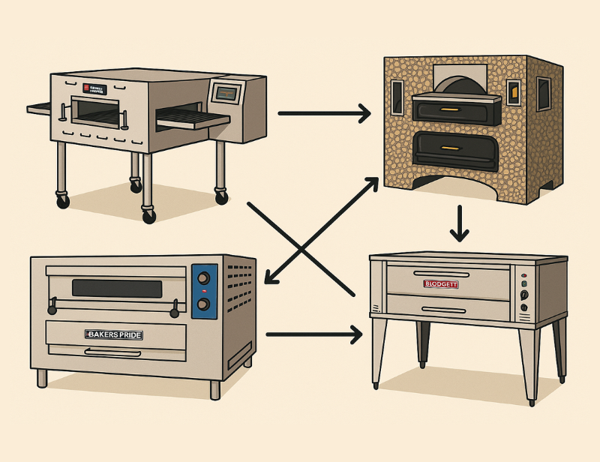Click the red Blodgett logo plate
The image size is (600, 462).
point(441,284)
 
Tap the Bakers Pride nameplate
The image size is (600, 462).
point(113,334)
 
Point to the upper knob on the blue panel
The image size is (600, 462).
point(202,278)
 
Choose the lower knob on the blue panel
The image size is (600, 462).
point(202,304)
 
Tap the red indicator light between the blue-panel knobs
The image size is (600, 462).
point(202,291)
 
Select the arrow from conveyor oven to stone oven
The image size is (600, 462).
point(324,114)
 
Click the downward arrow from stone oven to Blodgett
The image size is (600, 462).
point(459,224)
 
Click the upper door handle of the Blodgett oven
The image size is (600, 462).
point(441,274)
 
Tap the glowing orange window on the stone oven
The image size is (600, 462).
point(513,92)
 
